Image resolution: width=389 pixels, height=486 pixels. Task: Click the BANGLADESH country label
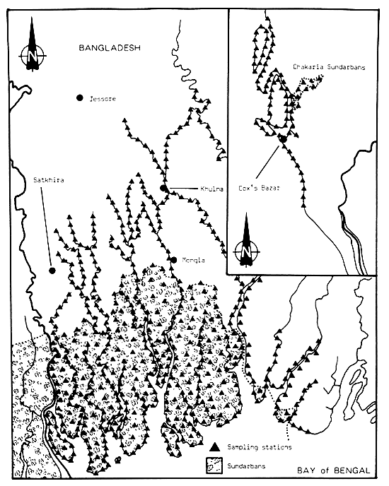click(x=110, y=48)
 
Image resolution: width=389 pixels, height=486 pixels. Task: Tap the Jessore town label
click(x=102, y=98)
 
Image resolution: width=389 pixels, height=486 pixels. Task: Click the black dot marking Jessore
click(x=81, y=97)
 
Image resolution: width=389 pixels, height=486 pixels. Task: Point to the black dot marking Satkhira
click(x=52, y=270)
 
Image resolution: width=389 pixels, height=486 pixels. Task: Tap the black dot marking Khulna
click(x=163, y=189)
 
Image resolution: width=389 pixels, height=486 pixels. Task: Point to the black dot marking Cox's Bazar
click(x=282, y=138)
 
